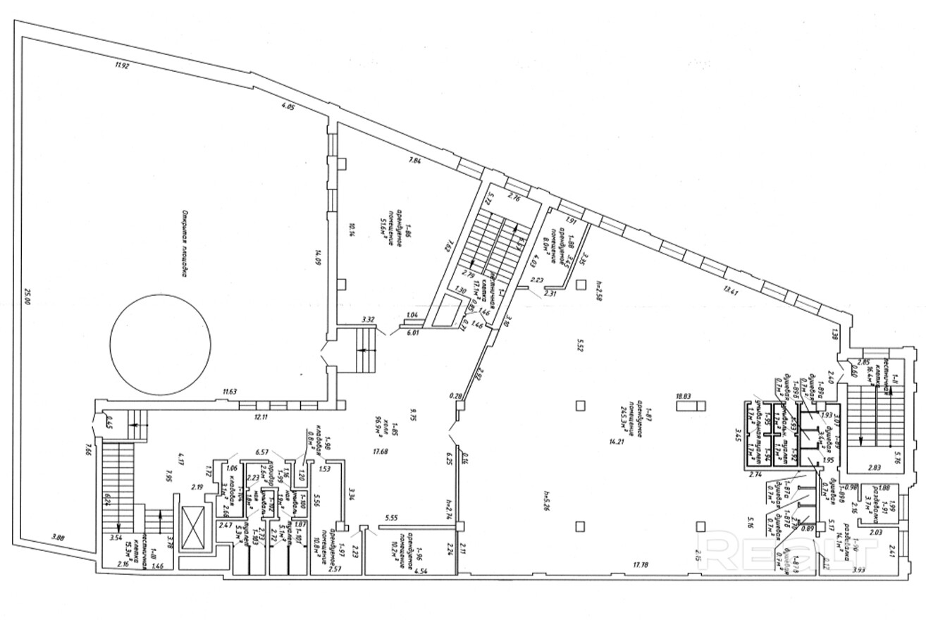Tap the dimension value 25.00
point(28,297)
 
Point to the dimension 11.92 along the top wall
point(124,67)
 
